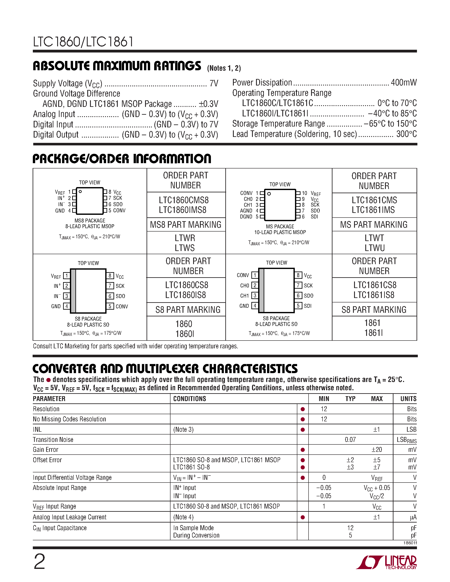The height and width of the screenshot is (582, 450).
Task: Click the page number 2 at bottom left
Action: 39,561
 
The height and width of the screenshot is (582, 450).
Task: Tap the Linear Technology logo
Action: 386,562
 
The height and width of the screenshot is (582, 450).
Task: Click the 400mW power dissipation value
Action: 404,83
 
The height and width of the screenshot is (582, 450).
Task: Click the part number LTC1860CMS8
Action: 184,200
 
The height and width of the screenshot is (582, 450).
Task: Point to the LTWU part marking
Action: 375,248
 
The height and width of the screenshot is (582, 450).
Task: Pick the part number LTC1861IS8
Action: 374,295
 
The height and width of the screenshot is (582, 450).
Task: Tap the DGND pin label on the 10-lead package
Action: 246,217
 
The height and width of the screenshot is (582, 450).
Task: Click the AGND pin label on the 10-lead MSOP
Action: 246,211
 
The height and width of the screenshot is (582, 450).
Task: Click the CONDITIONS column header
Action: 190,399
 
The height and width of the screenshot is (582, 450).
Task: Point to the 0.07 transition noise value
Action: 350,440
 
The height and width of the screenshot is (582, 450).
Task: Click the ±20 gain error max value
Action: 377,450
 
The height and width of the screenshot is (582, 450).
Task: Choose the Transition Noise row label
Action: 53,440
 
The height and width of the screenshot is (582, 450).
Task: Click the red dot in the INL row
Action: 303,430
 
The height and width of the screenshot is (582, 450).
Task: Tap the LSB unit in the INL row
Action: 411,430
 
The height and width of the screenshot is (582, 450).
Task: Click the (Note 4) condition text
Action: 183,517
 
